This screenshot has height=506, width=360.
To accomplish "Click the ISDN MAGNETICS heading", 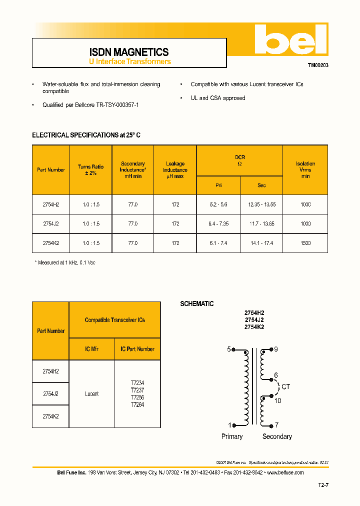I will click(x=129, y=52).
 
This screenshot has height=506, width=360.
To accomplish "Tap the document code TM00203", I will click(x=317, y=65).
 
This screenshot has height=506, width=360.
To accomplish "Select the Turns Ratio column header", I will click(x=90, y=169).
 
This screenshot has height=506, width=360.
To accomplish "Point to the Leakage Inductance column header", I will click(x=175, y=169).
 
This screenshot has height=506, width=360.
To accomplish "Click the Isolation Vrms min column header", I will click(x=305, y=169).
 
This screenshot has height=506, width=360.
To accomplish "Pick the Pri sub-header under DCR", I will click(x=218, y=185).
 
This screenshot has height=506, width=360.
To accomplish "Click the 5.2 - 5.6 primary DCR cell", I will click(x=218, y=204).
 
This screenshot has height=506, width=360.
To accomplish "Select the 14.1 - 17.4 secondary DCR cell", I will click(x=261, y=243).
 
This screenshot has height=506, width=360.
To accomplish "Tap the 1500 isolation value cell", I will click(x=305, y=243).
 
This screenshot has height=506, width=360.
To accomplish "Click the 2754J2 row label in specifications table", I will click(x=50, y=224).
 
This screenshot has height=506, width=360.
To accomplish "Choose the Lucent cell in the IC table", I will click(x=91, y=394).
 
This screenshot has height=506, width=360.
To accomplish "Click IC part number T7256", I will click(x=137, y=397).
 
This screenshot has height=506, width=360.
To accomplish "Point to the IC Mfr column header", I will click(x=91, y=349).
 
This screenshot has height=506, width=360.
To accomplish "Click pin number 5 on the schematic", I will click(x=229, y=349).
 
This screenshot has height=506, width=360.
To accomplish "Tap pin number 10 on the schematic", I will click(x=278, y=400).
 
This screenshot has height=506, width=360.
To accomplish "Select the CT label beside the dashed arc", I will click(x=286, y=387).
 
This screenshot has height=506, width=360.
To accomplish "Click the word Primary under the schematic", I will click(x=232, y=436).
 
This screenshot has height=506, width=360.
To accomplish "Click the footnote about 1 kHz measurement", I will click(x=65, y=262).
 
